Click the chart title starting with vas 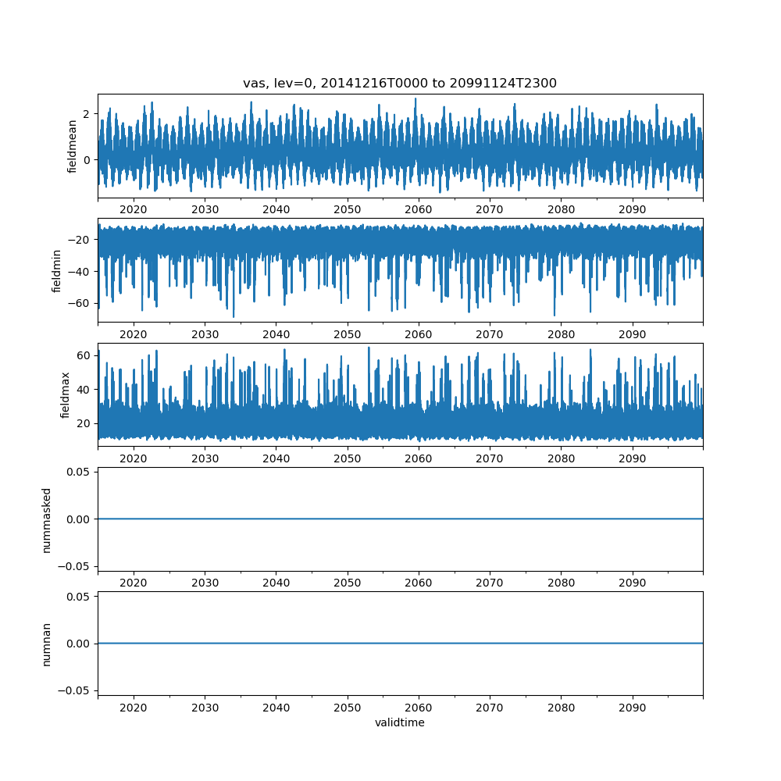pyautogui.click(x=400, y=84)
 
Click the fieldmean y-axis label pyautogui.click(x=73, y=146)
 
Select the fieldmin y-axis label pyautogui.click(x=57, y=270)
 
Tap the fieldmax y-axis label pyautogui.click(x=66, y=394)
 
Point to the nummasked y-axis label pyautogui.click(x=47, y=519)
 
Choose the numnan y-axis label pyautogui.click(x=47, y=644)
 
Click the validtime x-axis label pyautogui.click(x=400, y=723)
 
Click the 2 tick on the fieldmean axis pyautogui.click(x=86, y=114)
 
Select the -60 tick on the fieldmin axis pyautogui.click(x=79, y=303)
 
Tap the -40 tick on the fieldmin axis pyautogui.click(x=79, y=271)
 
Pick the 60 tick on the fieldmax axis pyautogui.click(x=82, y=355)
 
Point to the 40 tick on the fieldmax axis pyautogui.click(x=82, y=389)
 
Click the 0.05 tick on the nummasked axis pyautogui.click(x=78, y=472)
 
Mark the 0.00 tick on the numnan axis pyautogui.click(x=78, y=644)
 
